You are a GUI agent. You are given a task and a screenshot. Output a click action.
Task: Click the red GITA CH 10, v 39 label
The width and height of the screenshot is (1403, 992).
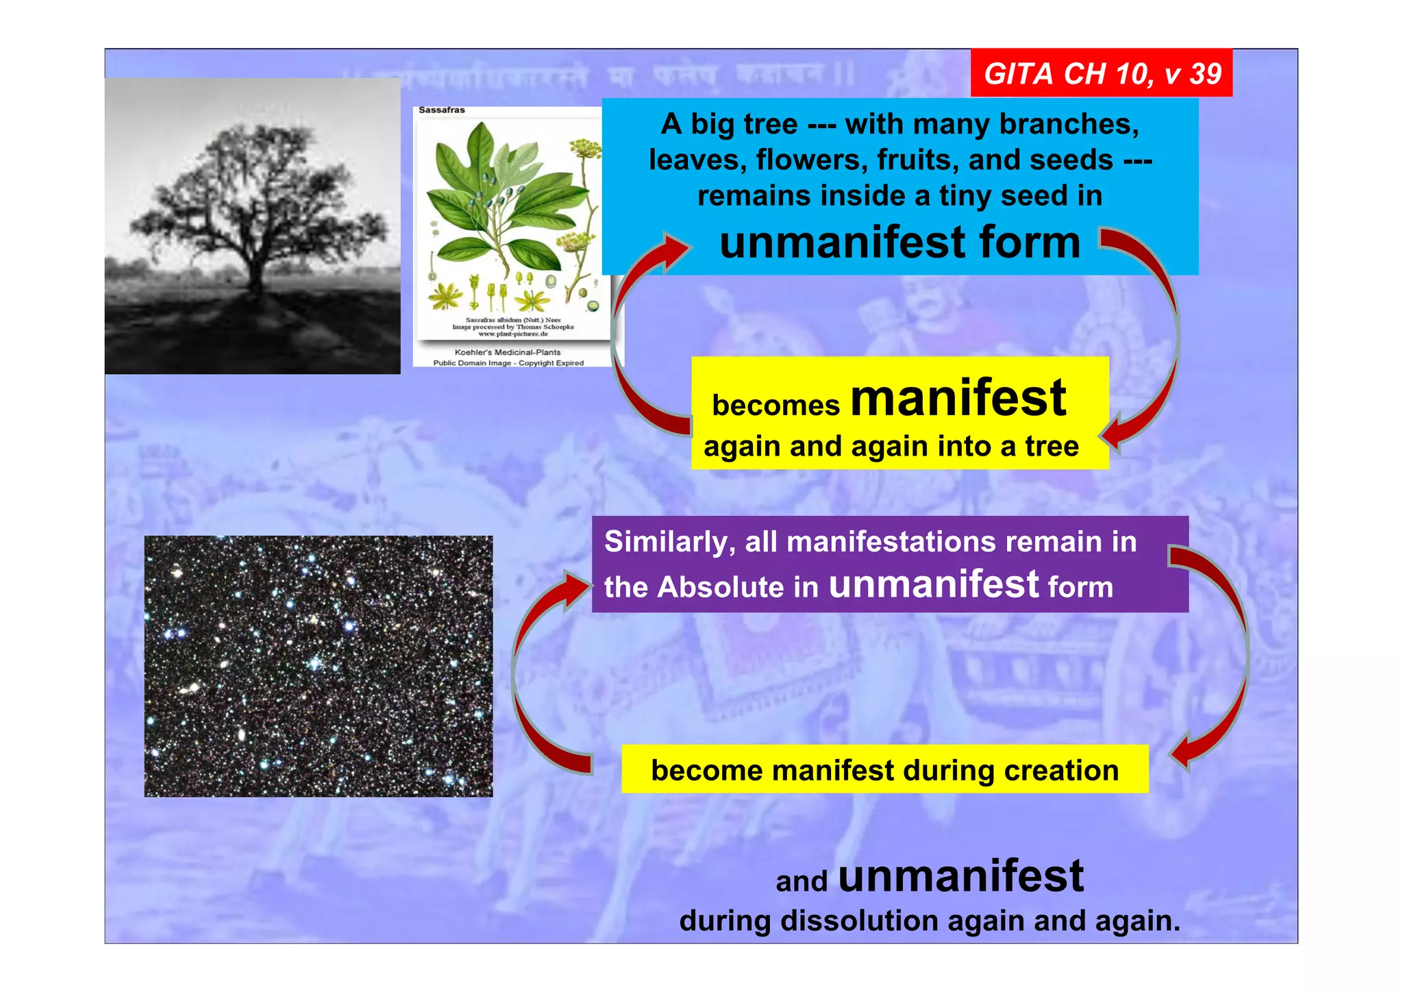click(x=1102, y=73)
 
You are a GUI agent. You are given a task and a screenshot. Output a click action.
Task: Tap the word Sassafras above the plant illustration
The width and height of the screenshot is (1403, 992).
click(x=441, y=110)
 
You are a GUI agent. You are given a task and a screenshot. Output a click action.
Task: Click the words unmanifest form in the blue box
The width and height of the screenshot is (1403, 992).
click(x=899, y=243)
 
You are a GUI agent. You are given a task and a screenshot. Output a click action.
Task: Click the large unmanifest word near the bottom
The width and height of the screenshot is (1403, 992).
click(x=960, y=876)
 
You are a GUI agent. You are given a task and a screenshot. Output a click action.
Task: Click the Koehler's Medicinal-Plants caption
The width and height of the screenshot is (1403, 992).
click(x=508, y=352)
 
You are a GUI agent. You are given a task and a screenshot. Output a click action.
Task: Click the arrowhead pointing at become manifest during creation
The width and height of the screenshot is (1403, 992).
click(x=1184, y=754)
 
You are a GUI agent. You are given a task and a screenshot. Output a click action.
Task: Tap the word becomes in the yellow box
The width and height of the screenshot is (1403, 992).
click(x=775, y=406)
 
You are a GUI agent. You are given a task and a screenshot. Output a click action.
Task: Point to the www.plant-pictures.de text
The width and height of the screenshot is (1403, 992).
click(x=512, y=334)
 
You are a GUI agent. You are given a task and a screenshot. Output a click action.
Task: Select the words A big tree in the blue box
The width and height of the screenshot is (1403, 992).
click(x=729, y=125)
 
